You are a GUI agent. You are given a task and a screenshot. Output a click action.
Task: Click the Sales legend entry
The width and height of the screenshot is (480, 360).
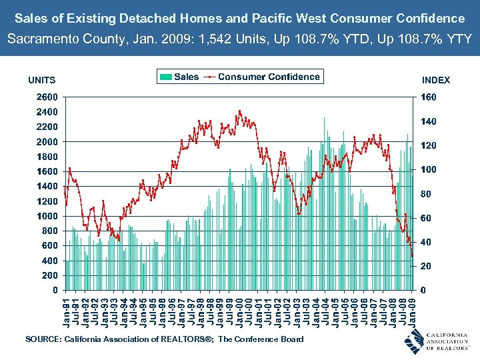(179, 77)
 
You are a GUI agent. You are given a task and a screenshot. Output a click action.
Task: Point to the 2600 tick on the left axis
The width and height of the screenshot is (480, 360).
(46, 97)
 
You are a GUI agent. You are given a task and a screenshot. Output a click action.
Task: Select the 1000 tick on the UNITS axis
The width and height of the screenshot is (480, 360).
(46, 216)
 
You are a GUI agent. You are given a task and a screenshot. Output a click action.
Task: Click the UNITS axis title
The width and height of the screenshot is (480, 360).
(41, 80)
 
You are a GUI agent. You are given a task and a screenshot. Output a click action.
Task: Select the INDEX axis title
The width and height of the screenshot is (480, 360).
(436, 80)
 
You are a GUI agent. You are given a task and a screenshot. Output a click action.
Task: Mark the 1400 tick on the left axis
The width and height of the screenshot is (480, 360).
(46, 187)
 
